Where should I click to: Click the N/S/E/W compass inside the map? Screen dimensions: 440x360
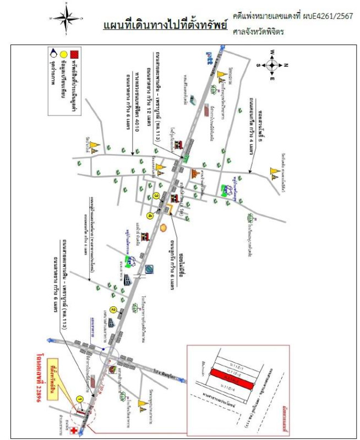[x=271, y=65]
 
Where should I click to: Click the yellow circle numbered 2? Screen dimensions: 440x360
[x=113, y=310]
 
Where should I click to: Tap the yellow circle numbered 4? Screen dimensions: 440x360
[x=149, y=216]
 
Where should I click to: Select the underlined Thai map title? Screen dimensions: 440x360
[x=165, y=26]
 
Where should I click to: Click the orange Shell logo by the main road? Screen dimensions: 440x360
[x=163, y=226]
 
